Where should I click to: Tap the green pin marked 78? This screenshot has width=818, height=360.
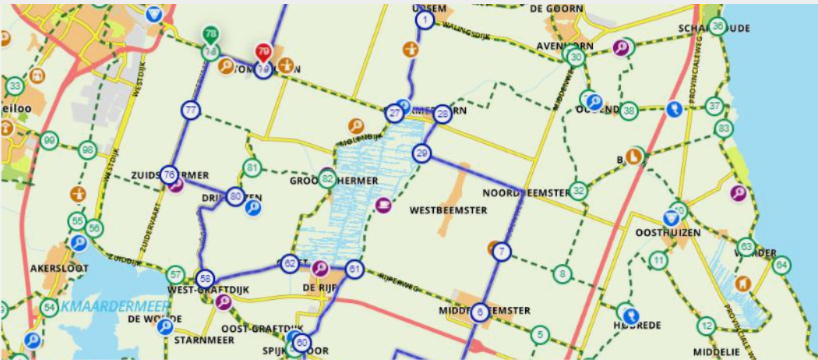(210, 35)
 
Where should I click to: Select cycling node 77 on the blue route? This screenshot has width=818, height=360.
(191, 111)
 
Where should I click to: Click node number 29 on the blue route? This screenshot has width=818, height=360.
(422, 153)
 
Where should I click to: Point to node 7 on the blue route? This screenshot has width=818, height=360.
(502, 252)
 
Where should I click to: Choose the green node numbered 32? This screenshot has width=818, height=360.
(578, 190)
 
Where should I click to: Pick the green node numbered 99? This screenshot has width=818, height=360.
(50, 140)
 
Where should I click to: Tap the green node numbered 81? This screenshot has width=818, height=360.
(251, 168)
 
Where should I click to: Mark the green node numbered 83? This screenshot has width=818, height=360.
(725, 128)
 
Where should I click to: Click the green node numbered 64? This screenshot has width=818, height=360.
(781, 265)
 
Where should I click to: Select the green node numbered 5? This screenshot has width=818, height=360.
(538, 334)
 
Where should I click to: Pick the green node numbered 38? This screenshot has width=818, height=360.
(629, 110)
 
